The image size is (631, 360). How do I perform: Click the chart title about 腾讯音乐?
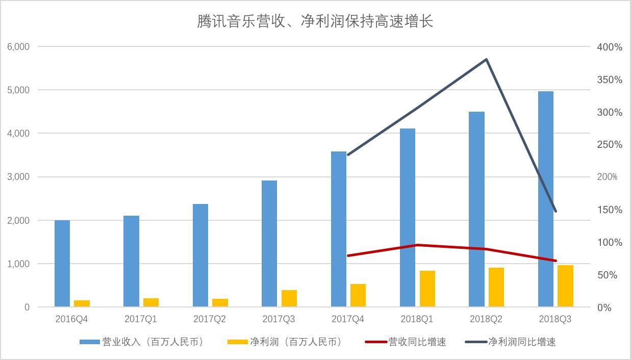point(315,21)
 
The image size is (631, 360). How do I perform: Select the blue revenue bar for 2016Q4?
point(62,264)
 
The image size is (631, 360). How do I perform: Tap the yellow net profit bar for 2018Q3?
point(565,286)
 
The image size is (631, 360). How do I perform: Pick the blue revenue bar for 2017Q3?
point(269,244)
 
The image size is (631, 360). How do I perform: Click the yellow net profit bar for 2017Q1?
point(151,302)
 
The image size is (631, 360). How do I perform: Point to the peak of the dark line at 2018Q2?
point(486,60)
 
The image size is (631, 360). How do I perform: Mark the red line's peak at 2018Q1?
point(417,245)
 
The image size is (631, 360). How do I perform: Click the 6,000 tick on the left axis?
point(18,47)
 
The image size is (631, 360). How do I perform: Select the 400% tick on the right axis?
point(610,47)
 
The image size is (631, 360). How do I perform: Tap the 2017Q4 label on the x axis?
point(348,319)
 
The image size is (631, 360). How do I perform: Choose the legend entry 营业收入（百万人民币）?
point(141,342)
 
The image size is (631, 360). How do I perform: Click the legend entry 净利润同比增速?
point(511,342)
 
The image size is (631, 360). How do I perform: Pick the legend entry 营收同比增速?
point(406,342)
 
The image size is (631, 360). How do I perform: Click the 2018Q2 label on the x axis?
point(486,319)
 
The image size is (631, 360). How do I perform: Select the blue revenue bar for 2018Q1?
point(408,217)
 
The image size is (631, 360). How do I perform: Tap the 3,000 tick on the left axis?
point(18,177)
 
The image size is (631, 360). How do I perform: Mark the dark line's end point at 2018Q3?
point(556,211)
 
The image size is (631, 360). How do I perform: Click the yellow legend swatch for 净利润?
point(238,342)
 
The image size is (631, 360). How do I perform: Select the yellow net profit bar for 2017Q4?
point(358,295)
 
